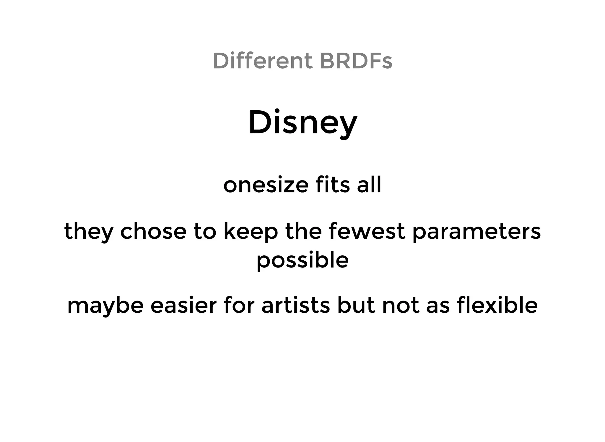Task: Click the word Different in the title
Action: (262, 61)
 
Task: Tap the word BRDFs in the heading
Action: (356, 61)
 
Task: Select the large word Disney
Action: (303, 122)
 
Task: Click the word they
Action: (89, 232)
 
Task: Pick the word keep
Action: (251, 232)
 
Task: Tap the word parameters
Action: (476, 232)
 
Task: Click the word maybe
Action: (105, 306)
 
